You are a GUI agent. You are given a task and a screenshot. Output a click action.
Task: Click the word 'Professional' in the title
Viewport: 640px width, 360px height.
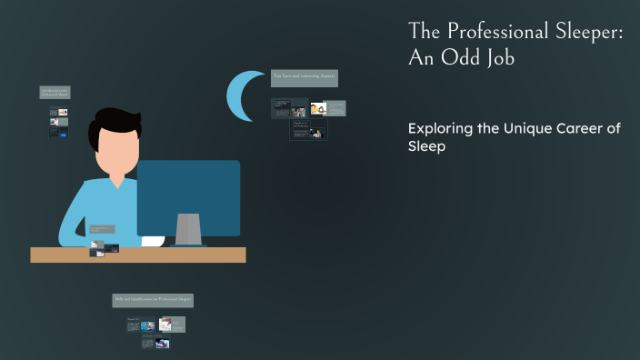[494, 31]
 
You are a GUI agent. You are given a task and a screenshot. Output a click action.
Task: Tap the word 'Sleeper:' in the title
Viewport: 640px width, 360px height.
[587, 31]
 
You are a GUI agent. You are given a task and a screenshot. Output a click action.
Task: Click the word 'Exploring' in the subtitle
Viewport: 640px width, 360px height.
[440, 129]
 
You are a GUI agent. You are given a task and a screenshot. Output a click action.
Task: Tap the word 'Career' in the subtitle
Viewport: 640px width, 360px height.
[582, 129]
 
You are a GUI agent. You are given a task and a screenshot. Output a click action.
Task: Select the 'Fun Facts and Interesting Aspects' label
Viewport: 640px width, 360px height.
[305, 78]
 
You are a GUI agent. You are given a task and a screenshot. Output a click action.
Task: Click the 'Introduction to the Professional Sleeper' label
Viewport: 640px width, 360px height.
[55, 92]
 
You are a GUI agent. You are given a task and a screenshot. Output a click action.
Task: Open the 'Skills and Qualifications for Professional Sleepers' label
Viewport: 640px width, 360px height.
[153, 300]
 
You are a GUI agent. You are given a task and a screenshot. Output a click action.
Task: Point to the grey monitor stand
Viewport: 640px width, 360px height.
[188, 229]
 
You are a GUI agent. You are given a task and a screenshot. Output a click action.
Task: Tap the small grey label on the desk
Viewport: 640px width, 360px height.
[102, 230]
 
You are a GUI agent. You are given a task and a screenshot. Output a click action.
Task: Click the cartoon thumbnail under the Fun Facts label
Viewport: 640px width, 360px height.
[318, 108]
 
